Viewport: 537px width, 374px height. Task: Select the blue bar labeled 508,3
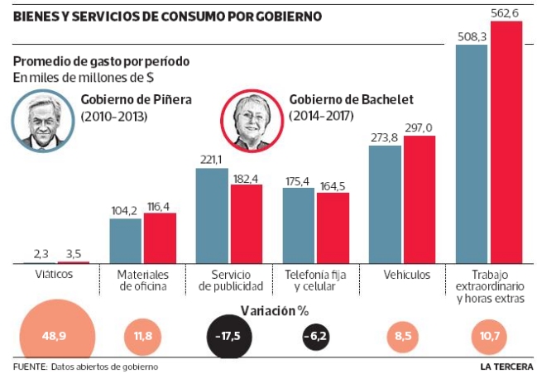472,154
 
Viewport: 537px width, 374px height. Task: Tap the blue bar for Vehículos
385,204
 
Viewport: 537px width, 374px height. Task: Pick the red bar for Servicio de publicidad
246,223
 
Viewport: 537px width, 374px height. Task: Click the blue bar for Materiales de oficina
126,241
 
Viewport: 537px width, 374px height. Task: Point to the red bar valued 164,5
333,228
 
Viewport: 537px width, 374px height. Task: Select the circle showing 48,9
55,336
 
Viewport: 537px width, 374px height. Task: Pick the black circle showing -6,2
318,337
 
